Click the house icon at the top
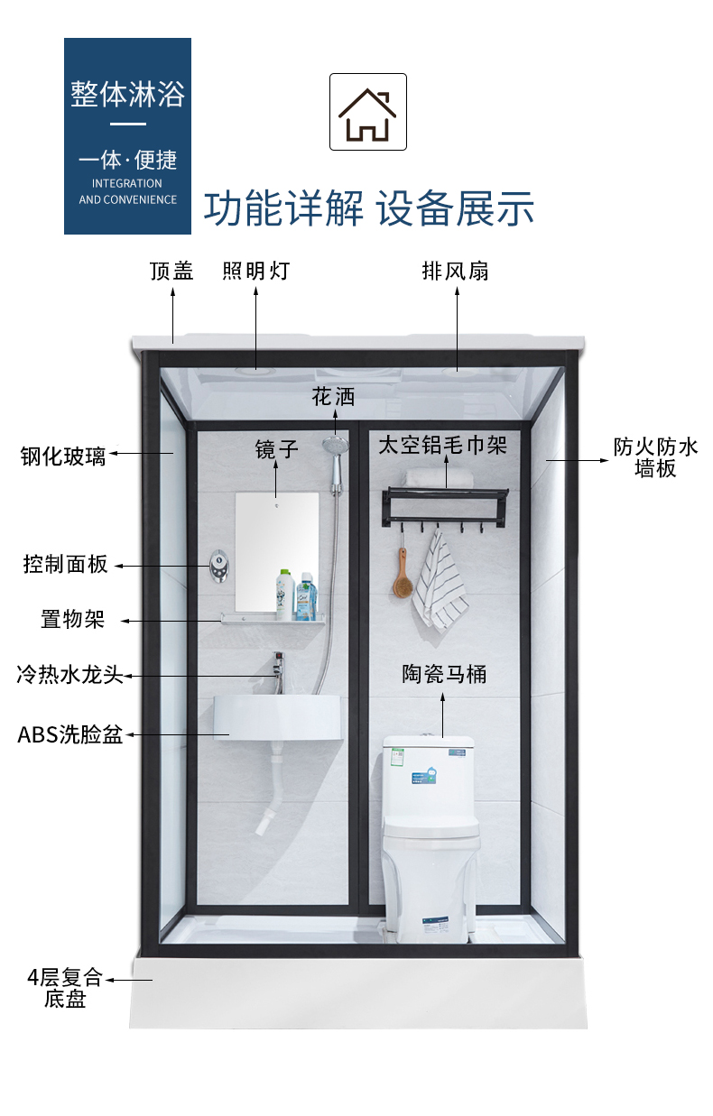tap(367, 112)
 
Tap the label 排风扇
tap(455, 271)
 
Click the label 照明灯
tap(255, 271)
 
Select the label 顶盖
tap(171, 271)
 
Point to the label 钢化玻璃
tap(63, 456)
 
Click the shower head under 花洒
tap(335, 445)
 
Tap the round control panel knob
tap(219, 566)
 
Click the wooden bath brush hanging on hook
tap(401, 577)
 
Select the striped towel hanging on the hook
tap(442, 582)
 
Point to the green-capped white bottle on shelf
tap(285, 595)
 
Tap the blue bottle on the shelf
tap(305, 596)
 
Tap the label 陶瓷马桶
tap(444, 674)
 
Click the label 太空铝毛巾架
tap(442, 445)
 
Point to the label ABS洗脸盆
tap(69, 734)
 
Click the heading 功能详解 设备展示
tap(368, 208)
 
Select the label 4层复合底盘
tap(65, 988)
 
